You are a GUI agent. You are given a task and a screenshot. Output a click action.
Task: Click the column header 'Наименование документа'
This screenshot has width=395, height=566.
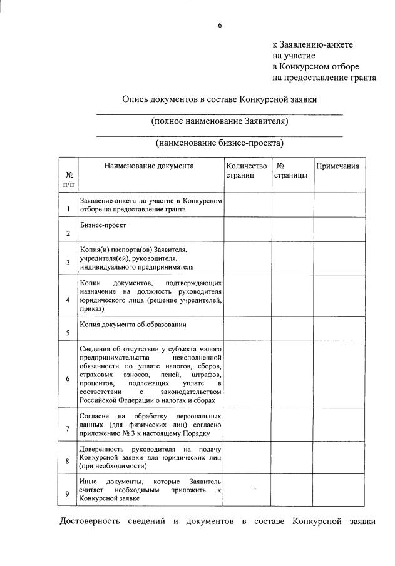coord(149,166)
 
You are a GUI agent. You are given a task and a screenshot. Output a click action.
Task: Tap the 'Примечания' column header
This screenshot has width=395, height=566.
coord(338,166)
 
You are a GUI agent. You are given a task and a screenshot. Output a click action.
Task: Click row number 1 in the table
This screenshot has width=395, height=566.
coord(68,210)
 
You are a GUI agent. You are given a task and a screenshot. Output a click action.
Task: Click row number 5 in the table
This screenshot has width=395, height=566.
coord(68,333)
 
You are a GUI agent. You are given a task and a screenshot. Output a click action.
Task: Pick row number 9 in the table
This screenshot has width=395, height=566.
coord(68,494)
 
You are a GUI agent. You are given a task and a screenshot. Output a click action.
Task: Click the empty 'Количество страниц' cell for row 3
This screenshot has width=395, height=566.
coord(247,258)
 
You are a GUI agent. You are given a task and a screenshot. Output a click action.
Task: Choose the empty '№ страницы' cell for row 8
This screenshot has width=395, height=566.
coord(292,458)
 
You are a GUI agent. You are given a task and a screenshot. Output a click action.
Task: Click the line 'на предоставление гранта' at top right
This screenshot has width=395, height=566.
coord(324,78)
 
